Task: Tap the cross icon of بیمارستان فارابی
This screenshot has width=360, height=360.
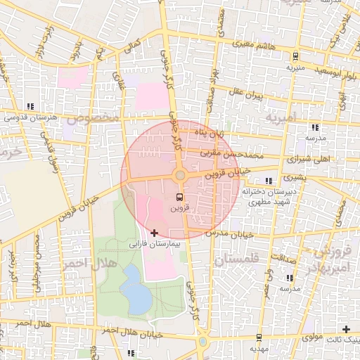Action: tap(155, 233)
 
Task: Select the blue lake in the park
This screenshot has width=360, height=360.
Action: tap(134, 289)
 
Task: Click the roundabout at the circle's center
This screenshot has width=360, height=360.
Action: tap(180, 174)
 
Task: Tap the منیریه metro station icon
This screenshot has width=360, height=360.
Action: tap(295, 56)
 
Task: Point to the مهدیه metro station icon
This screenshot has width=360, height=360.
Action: tap(259, 337)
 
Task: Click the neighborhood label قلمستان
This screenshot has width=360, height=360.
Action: tap(236, 259)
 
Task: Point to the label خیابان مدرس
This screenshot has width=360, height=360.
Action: tap(229, 233)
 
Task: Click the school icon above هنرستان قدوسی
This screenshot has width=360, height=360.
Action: tap(30, 106)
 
